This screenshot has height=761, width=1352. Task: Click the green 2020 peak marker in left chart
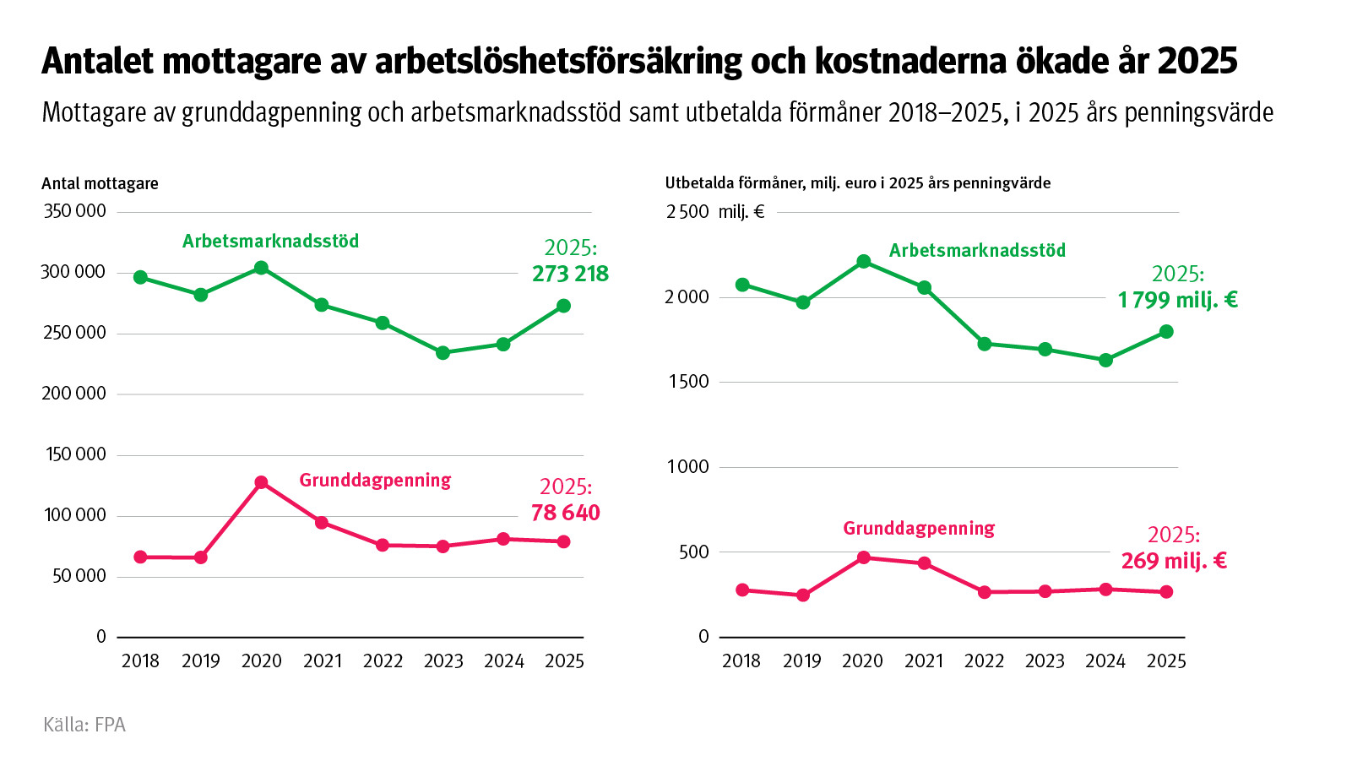(261, 268)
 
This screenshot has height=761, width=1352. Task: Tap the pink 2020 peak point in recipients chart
(261, 482)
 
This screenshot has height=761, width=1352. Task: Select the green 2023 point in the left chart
(443, 353)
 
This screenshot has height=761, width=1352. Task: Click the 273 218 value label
(570, 274)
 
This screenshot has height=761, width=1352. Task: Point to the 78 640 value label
(565, 513)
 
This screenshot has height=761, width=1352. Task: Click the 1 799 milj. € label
(1177, 300)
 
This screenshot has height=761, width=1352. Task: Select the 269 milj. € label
(1174, 561)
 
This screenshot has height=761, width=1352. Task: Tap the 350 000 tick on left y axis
(74, 211)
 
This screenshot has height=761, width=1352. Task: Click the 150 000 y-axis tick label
(74, 454)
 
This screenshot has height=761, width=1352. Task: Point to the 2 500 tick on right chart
(687, 212)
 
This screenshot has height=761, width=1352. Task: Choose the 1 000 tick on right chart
(687, 467)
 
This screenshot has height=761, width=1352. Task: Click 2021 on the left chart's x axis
(322, 661)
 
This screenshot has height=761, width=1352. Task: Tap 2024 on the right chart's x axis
(1105, 661)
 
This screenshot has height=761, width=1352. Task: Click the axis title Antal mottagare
(100, 183)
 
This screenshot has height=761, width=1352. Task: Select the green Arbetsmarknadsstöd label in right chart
(977, 250)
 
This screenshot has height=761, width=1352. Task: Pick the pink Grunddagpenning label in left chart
(375, 480)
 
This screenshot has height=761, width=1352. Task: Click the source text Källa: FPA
(84, 725)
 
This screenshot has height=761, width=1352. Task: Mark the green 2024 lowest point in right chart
(1105, 360)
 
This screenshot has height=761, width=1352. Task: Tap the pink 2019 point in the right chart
(803, 595)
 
